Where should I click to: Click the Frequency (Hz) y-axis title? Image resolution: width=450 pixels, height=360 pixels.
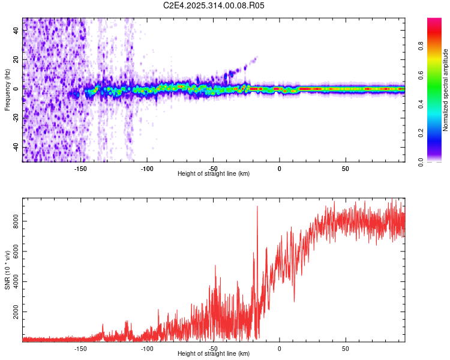7,90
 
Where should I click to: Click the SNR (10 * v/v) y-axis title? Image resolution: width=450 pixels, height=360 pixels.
7,271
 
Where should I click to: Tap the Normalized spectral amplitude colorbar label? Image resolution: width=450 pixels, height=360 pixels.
446,90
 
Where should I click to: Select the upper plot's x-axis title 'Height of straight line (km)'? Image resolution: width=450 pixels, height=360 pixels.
214,173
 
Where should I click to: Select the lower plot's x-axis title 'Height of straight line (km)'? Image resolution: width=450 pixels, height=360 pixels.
214,353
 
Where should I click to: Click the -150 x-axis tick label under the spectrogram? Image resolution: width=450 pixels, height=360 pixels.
80,168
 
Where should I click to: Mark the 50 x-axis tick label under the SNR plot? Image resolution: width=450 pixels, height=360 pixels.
346,348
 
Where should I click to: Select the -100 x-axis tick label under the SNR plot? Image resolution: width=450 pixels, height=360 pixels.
146,348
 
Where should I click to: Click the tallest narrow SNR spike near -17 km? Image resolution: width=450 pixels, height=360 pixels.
257,207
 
